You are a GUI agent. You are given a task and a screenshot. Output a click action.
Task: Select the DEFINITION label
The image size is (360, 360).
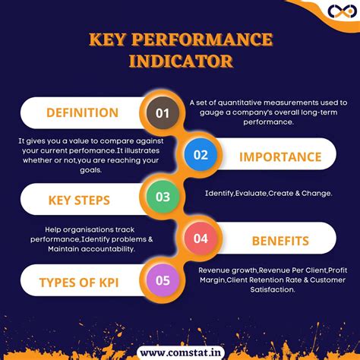(x=82, y=113)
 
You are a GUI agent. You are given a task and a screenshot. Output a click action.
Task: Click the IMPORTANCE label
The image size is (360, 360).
(x=280, y=156)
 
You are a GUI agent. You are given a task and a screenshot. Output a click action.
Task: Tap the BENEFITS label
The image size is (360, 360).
(x=280, y=241)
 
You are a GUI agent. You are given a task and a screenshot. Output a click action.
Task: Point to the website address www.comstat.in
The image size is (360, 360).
(x=180, y=352)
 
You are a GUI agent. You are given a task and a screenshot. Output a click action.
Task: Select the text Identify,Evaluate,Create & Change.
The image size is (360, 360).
(x=268, y=194)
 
